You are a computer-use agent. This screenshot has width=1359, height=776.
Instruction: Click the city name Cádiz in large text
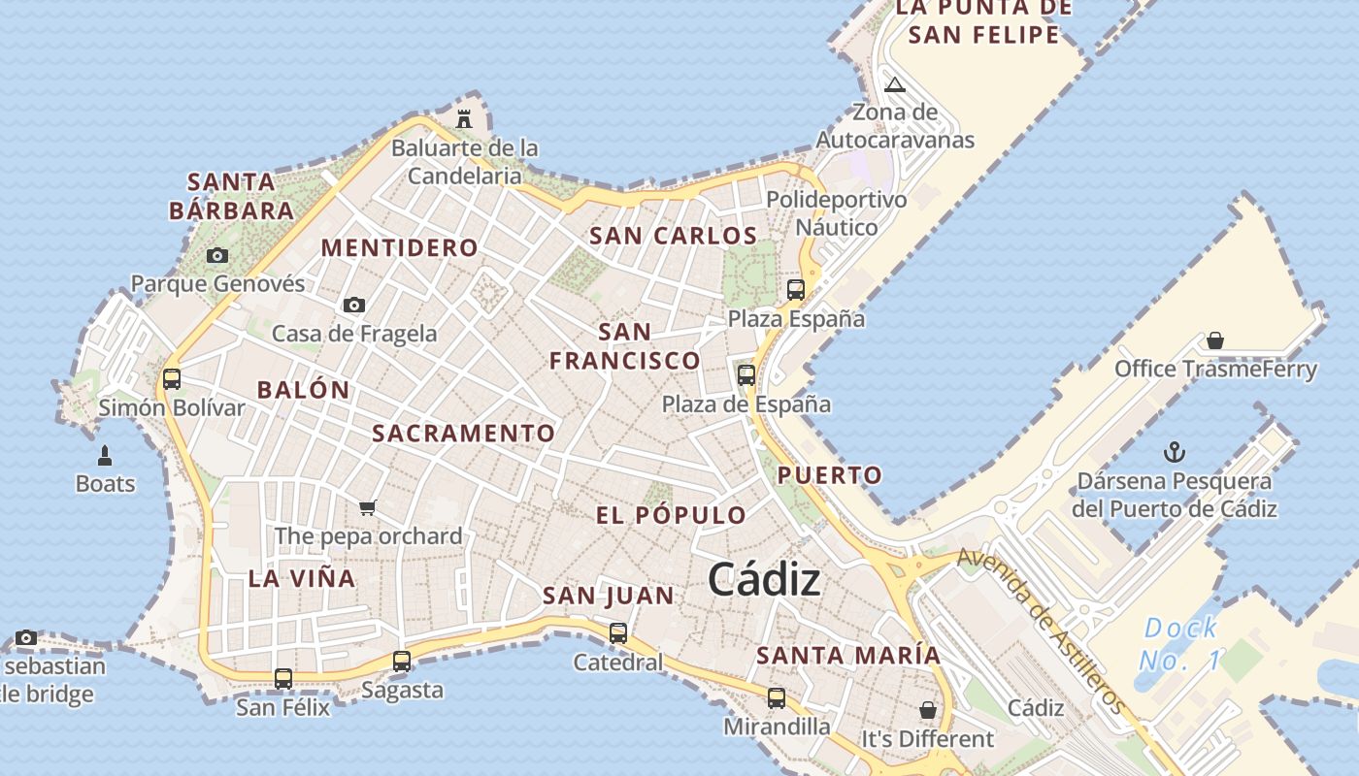pos(764,580)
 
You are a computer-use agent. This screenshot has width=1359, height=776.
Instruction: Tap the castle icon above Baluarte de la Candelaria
pos(464,119)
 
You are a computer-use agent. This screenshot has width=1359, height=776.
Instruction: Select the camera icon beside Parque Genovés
pos(217,256)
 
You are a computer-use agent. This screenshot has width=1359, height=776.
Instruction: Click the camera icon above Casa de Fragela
pos(354,306)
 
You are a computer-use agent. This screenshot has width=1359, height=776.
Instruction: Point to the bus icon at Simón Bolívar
pos(172,379)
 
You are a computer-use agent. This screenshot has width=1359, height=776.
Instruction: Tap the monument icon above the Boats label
pos(105,455)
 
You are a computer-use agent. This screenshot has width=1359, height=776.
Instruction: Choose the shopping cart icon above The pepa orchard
pos(368,507)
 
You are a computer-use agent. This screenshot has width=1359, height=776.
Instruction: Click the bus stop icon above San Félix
pos(283,679)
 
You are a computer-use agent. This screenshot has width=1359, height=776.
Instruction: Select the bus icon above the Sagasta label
pos(402,662)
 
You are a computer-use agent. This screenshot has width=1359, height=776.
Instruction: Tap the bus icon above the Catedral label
pos(618,633)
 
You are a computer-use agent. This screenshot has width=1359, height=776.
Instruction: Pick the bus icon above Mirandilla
pos(777,697)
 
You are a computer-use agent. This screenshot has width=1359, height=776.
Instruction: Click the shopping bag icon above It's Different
pos(928,710)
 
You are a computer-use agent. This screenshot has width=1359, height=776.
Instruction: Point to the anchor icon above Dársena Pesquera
pos(1175,453)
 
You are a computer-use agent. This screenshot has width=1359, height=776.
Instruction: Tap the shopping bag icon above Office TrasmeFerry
pos(1215,340)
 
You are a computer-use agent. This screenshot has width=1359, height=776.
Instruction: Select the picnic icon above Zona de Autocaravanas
pos(895,84)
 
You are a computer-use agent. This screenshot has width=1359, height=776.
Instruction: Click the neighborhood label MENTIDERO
pos(400,247)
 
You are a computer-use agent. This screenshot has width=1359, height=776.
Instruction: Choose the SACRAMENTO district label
pos(464,434)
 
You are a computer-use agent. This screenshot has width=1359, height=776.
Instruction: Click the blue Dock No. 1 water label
pos(1178,644)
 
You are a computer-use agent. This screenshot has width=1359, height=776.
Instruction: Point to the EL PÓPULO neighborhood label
pos(671,515)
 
